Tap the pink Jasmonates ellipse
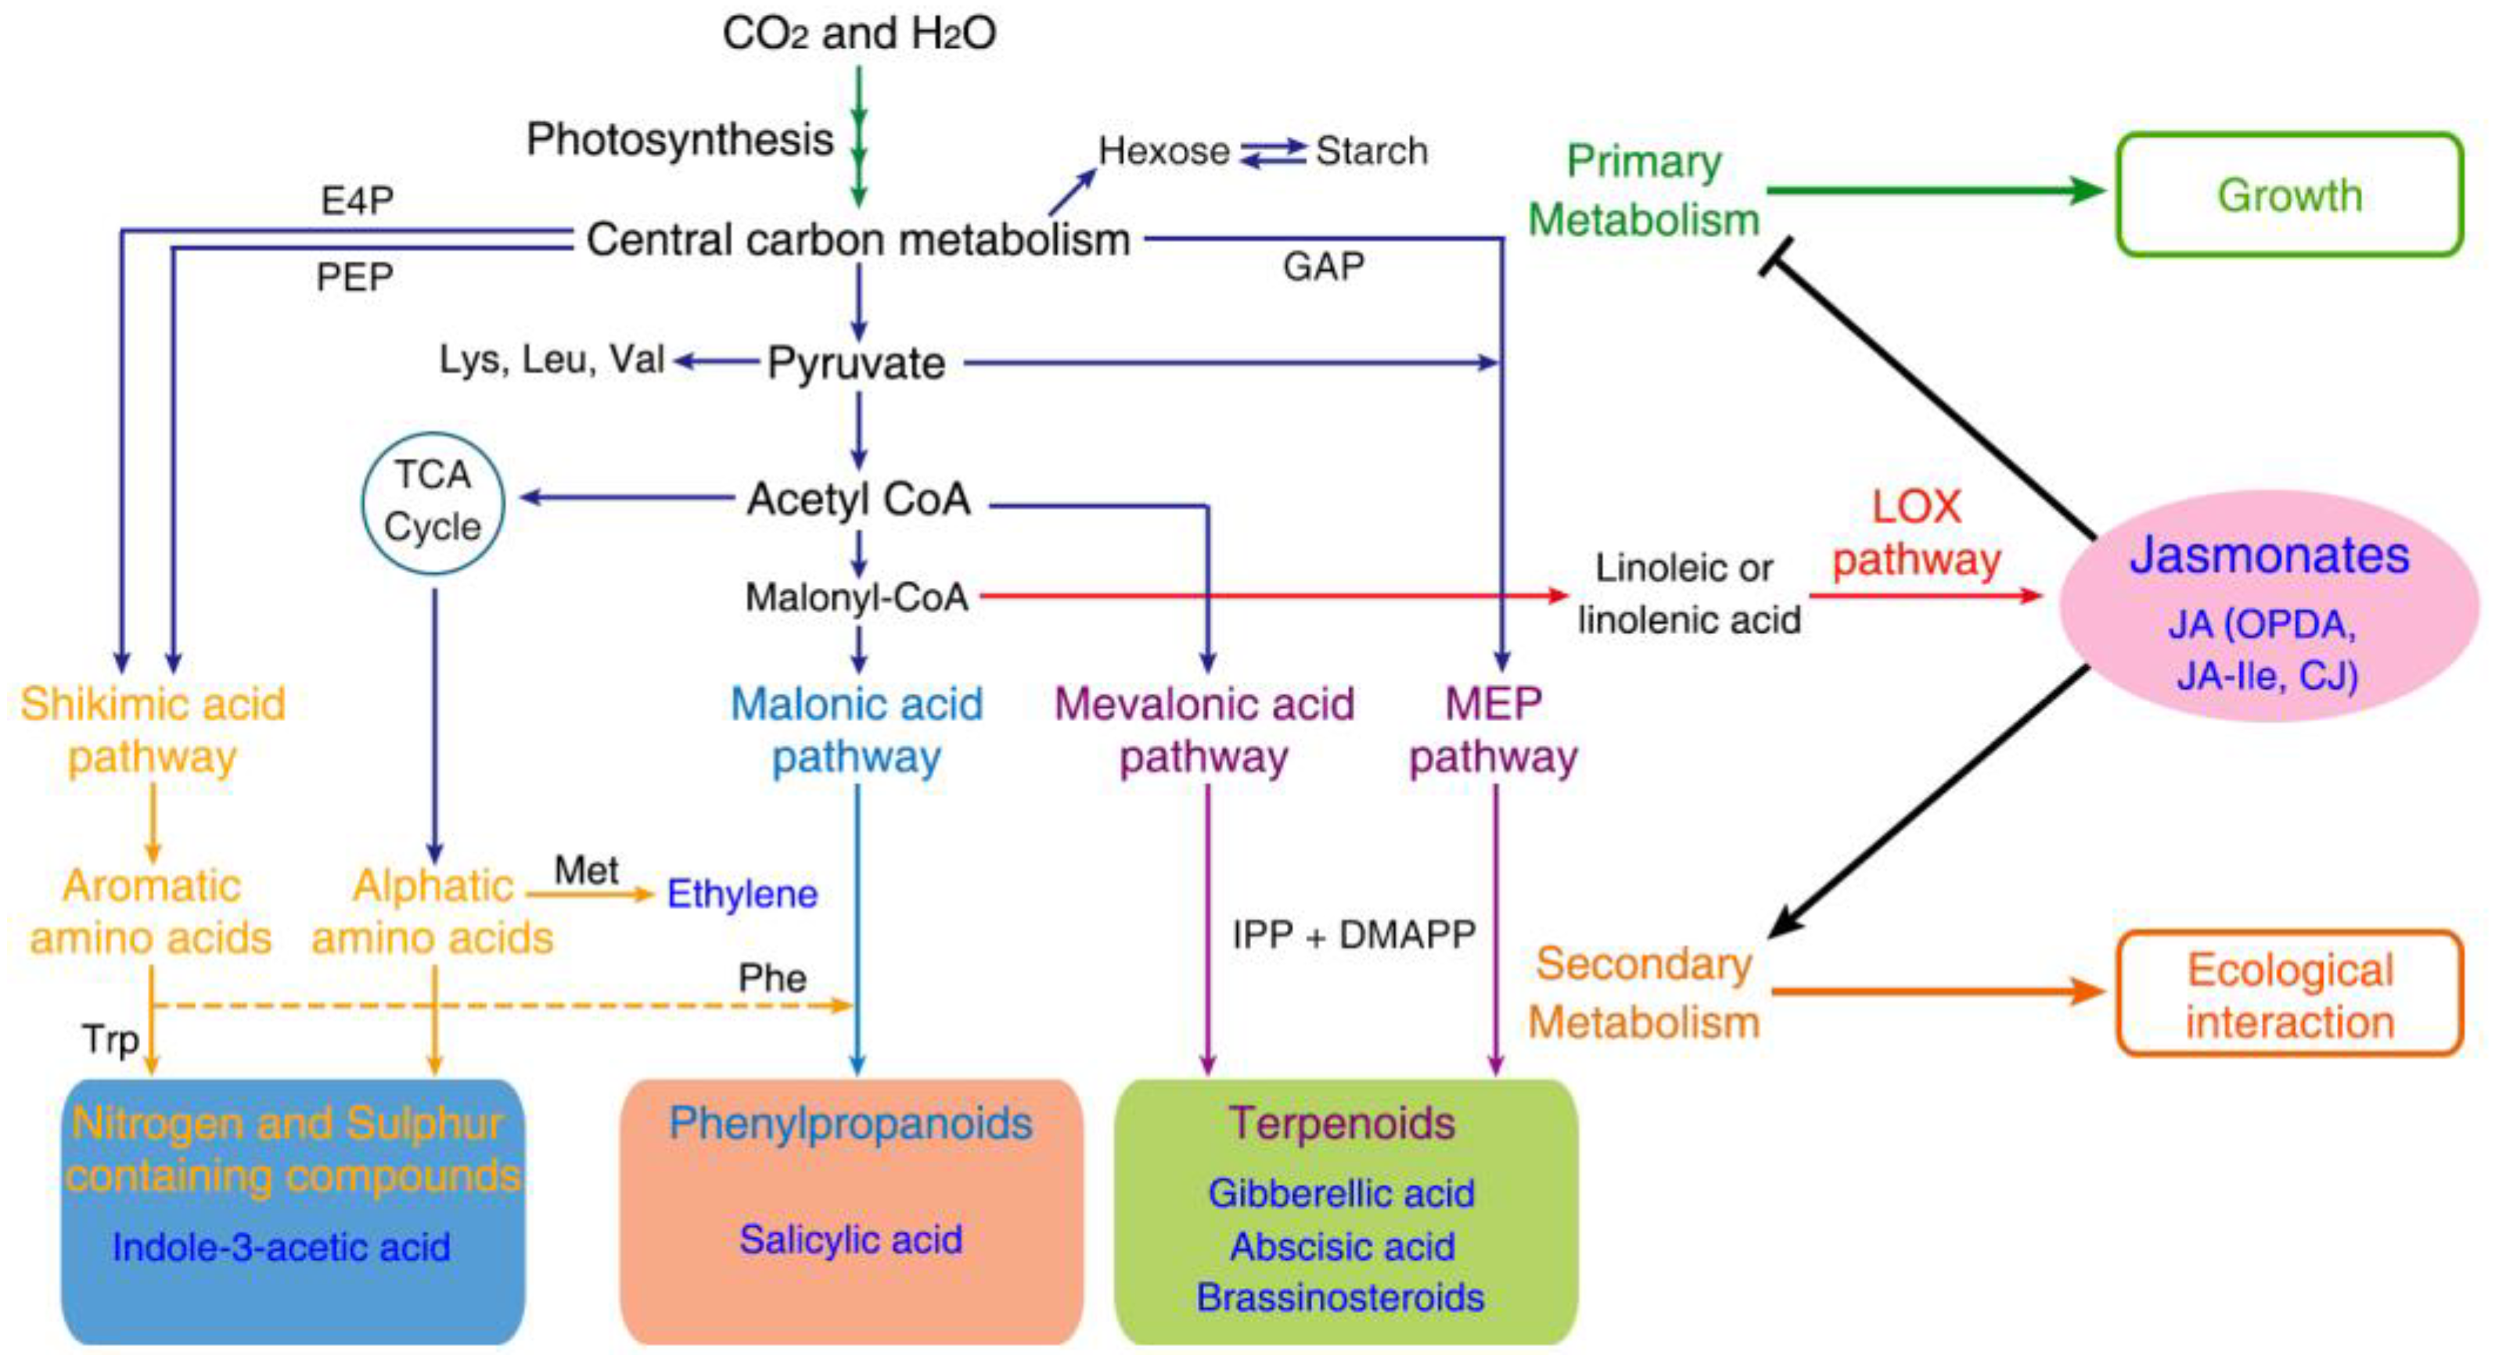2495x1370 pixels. tap(2267, 605)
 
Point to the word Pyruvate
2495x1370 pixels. tap(856, 363)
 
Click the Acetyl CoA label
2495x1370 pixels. tap(858, 499)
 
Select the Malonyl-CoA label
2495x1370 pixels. tap(856, 597)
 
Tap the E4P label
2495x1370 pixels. tap(358, 200)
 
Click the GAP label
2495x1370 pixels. tap(1323, 266)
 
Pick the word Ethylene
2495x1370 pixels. tap(742, 893)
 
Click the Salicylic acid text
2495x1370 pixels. tap(850, 1239)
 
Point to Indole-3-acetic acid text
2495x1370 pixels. tap(281, 1246)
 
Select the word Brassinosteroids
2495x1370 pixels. tap(1339, 1296)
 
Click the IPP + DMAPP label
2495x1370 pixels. tap(1353, 934)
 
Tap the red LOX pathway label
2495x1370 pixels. tap(1916, 533)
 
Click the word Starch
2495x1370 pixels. tap(1372, 151)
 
